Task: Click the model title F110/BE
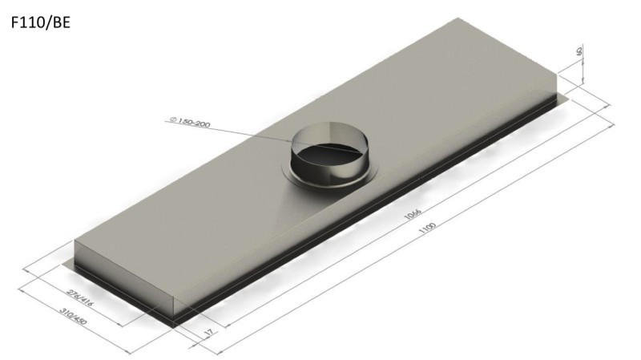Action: point(41,23)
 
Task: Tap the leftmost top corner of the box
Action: point(75,242)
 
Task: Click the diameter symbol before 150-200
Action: point(172,120)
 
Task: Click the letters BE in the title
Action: point(61,23)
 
